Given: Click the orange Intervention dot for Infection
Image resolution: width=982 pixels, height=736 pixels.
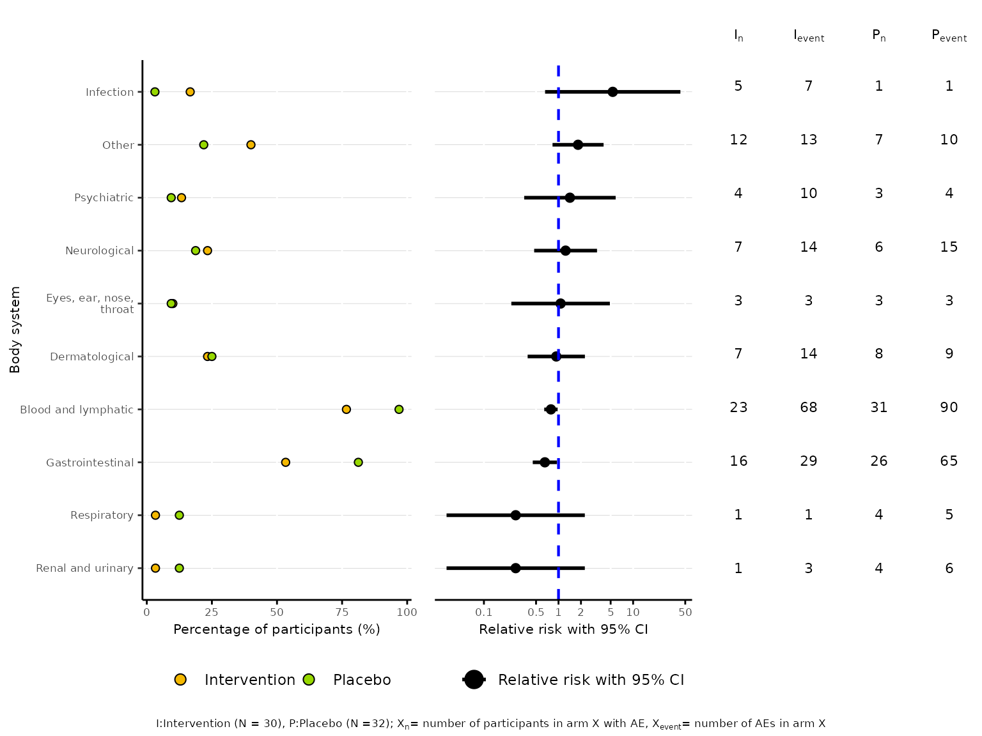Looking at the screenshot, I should click(190, 92).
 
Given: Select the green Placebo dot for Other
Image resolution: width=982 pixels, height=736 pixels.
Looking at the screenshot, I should click(203, 145).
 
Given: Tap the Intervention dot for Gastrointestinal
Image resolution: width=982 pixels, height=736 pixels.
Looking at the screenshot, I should click(285, 463).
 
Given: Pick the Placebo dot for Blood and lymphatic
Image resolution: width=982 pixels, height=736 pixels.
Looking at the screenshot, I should click(399, 410).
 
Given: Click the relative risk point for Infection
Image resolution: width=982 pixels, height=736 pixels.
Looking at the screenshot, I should click(612, 92).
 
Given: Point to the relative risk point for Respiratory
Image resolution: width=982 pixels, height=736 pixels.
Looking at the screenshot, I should click(515, 516).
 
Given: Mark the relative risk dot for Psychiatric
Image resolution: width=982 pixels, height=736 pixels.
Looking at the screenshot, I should click(570, 198).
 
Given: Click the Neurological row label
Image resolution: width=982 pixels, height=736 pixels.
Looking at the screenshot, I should click(99, 250).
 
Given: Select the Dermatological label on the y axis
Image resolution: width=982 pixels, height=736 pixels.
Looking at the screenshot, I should click(91, 356).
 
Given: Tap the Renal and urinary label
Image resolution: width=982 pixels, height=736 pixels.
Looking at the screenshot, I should click(84, 568).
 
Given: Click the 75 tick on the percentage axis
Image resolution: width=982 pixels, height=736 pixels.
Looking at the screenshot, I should click(342, 612).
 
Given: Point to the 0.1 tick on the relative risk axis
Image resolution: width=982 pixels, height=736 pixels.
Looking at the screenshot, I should click(484, 612).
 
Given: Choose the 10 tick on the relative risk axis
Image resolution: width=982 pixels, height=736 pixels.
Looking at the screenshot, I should click(633, 612).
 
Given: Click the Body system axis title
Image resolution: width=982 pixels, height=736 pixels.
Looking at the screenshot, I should click(15, 330).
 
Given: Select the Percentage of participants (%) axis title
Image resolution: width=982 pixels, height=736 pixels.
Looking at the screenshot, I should click(276, 629).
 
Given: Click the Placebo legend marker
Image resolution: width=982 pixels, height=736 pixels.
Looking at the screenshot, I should click(309, 680).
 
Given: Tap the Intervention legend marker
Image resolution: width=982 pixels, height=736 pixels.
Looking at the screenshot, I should click(180, 680).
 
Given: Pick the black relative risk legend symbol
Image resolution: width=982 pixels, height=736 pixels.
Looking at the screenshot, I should click(474, 680).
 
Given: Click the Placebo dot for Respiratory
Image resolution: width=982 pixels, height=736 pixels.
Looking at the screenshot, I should click(179, 516).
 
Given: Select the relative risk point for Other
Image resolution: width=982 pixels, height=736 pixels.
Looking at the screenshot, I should click(578, 145).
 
